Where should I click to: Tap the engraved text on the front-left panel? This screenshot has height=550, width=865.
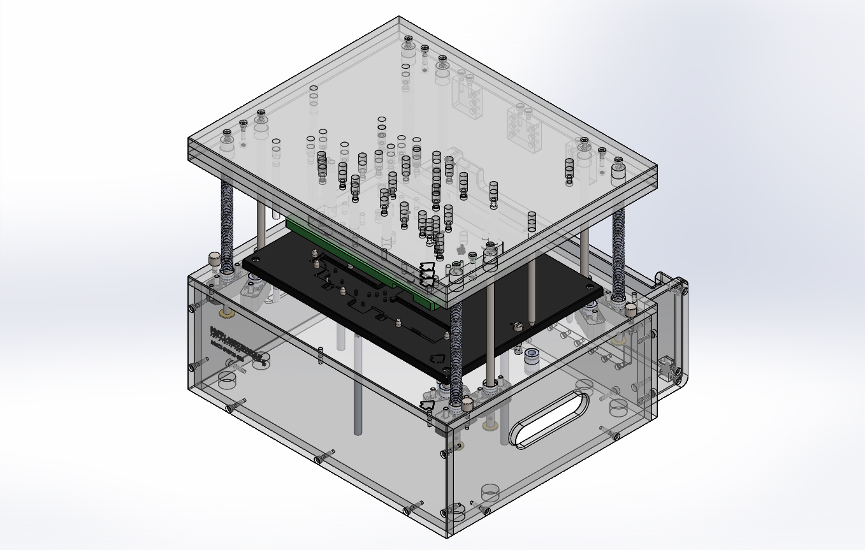point(235,344)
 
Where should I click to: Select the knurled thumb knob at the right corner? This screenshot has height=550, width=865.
point(630,310)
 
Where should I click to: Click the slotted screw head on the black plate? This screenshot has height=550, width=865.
point(518,326)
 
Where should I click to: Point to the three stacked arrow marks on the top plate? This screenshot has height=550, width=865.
point(428,273)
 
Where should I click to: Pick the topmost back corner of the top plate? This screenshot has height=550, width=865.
point(399,17)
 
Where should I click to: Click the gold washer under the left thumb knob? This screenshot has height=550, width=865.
point(226,313)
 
